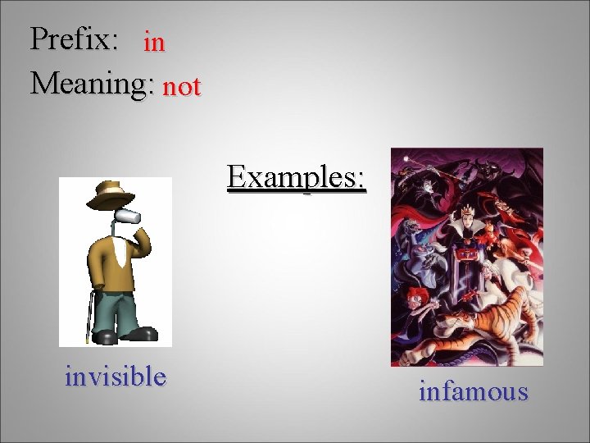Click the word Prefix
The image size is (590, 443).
(73, 39)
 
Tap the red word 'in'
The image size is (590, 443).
(154, 42)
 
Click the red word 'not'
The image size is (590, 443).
(181, 86)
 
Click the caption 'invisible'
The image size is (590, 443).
(116, 377)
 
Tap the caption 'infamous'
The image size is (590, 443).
(473, 391)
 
